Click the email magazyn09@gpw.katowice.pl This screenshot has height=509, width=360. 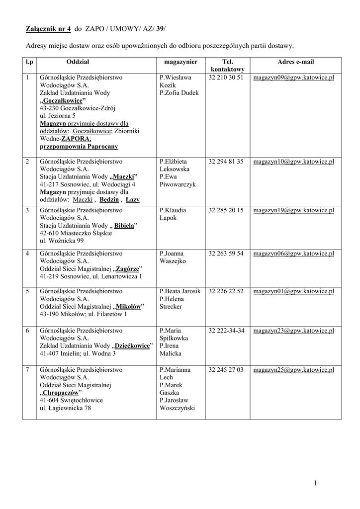(x=293, y=78)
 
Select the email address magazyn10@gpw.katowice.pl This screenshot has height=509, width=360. (x=293, y=162)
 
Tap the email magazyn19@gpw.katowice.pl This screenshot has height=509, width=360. (x=293, y=210)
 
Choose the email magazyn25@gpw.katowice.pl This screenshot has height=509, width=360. (x=293, y=370)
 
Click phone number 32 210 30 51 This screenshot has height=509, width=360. (x=226, y=78)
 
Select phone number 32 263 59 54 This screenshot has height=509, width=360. (x=226, y=254)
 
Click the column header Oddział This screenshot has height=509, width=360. (x=77, y=62)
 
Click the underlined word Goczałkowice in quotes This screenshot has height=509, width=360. (x=63, y=101)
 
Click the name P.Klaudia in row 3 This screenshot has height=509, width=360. (x=173, y=210)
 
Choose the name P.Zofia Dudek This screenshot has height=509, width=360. (x=179, y=93)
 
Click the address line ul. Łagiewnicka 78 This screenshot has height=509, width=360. (x=65, y=408)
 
